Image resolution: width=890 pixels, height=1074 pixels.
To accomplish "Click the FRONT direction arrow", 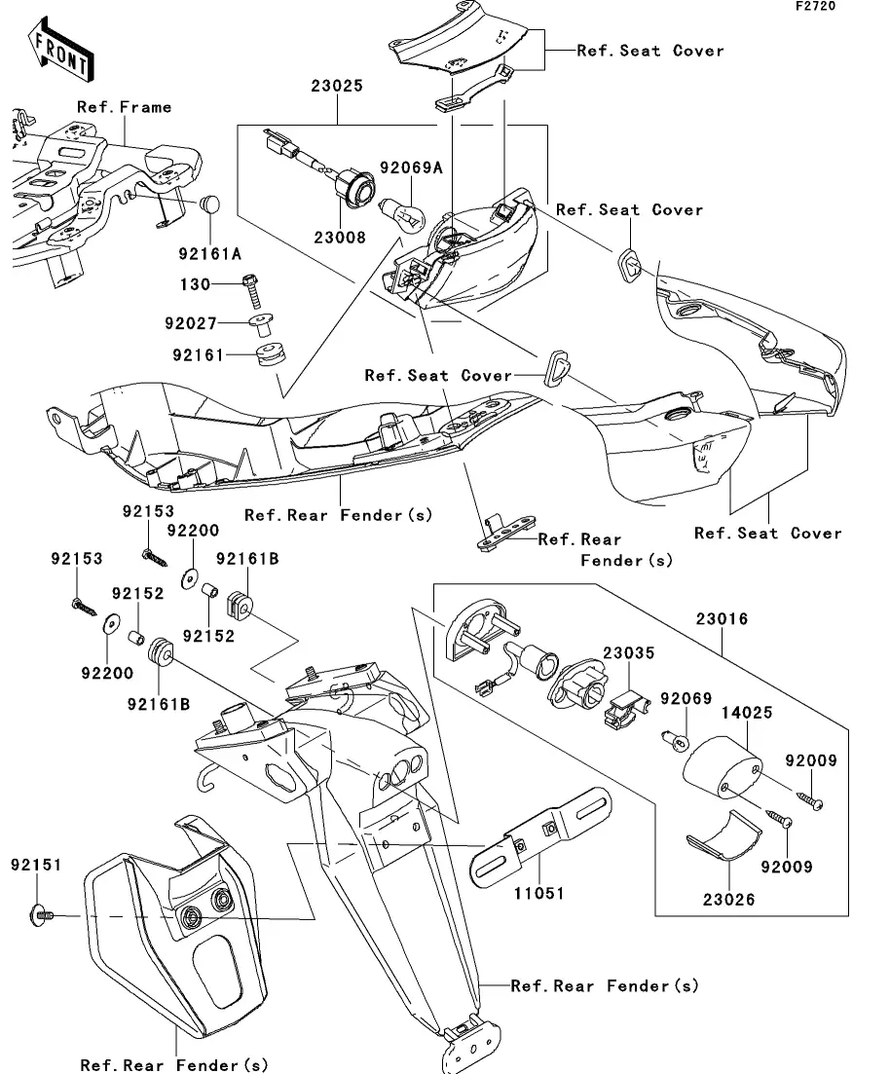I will [61, 54].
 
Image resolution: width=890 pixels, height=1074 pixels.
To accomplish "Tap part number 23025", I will [337, 86].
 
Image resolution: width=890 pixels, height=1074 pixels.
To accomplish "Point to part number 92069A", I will [411, 168].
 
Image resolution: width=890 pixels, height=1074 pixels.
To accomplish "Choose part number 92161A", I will [208, 255].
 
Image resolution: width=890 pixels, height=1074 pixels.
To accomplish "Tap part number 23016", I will [722, 618].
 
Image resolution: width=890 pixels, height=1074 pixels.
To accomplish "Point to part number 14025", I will [747, 713].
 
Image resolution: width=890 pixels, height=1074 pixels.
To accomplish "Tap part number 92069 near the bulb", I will [686, 699].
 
